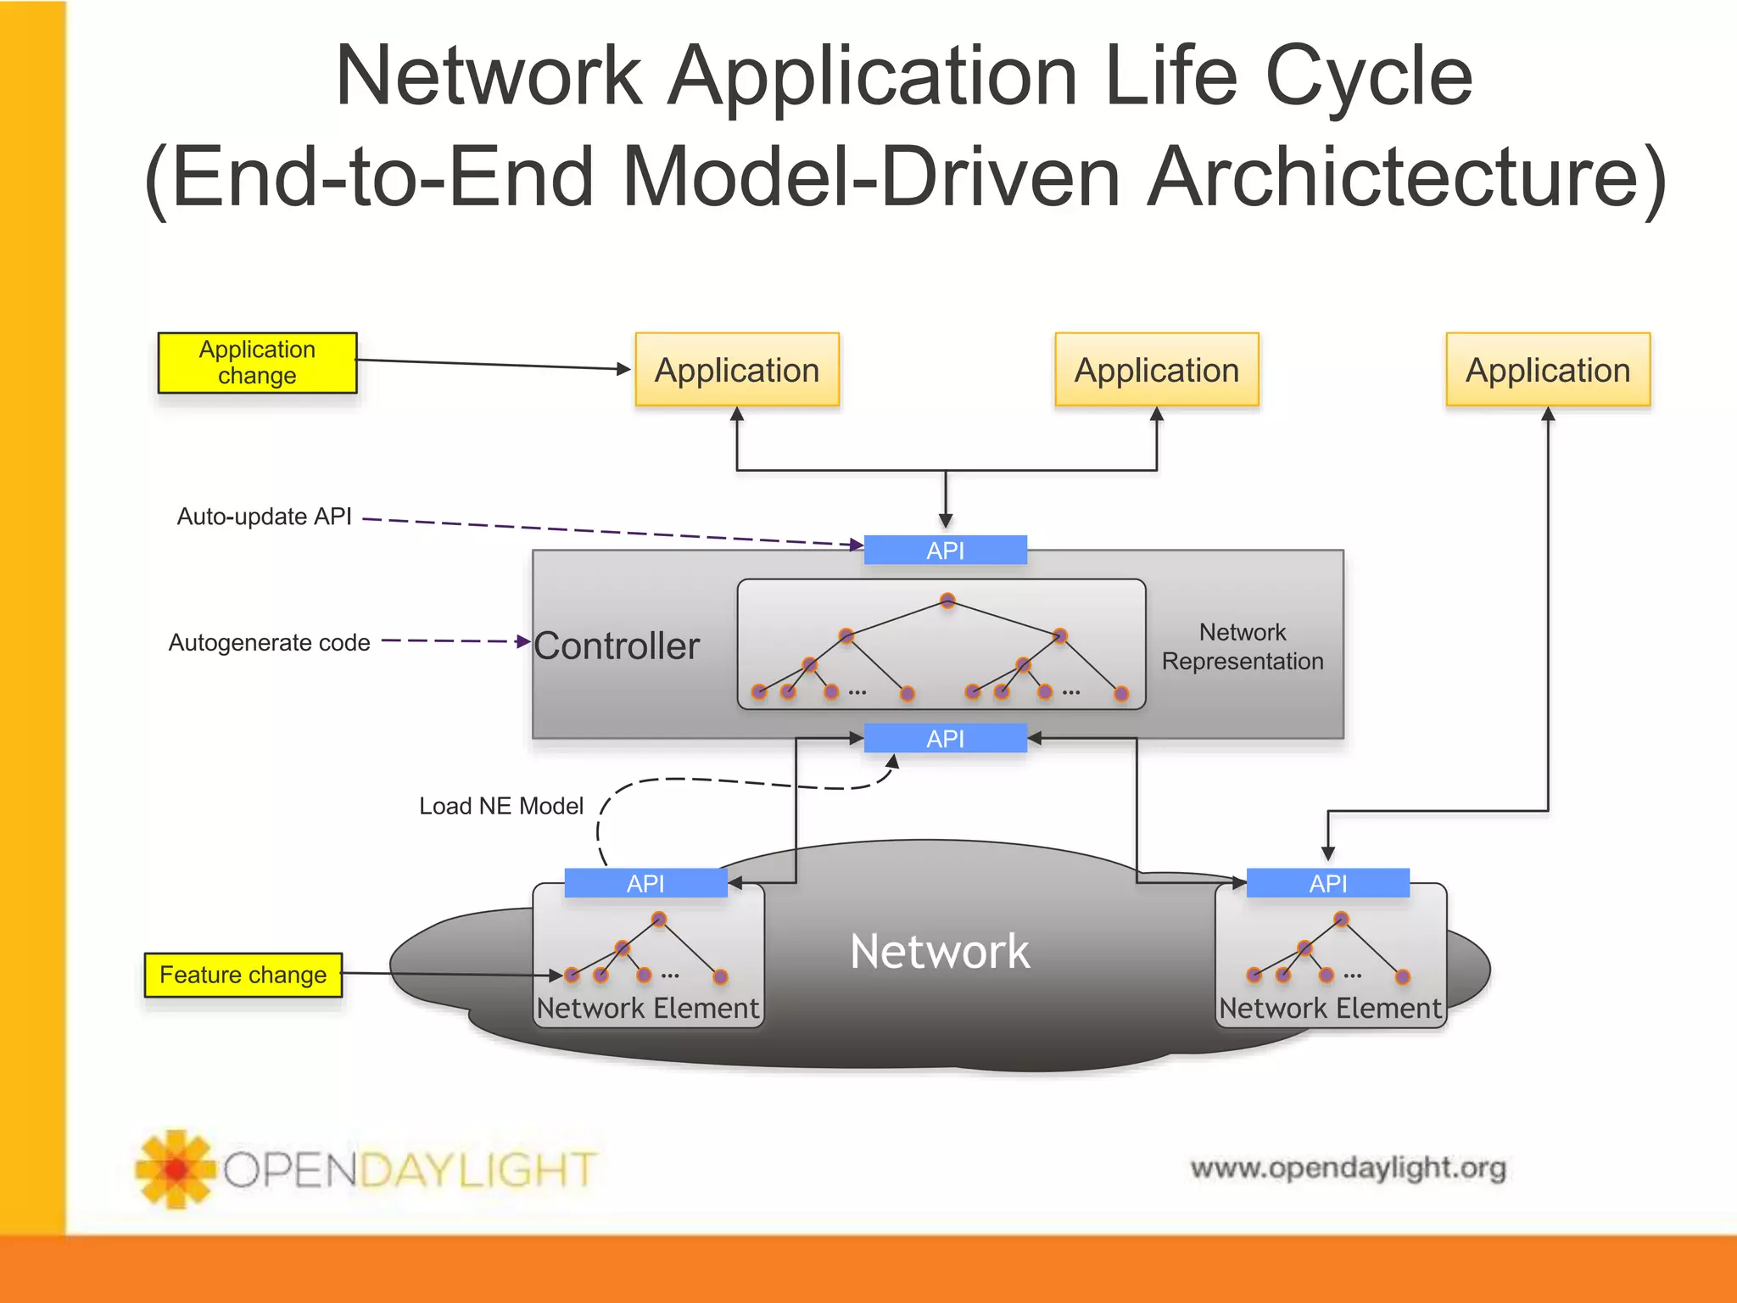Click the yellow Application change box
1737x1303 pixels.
[x=257, y=362]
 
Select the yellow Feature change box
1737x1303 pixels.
[x=243, y=975]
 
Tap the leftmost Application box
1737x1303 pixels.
[x=736, y=370]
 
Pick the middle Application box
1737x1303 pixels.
[x=1156, y=370]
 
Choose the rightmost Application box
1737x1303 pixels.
[x=1548, y=370]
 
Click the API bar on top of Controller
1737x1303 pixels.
[x=945, y=551]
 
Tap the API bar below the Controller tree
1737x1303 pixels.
[x=945, y=739]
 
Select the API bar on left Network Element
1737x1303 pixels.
[x=645, y=883]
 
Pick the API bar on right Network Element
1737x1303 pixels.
[x=1327, y=883]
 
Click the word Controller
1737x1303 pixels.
[x=617, y=646]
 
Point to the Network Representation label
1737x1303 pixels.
[x=1243, y=646]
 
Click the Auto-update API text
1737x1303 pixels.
[x=264, y=517]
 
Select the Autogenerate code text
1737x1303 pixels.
[x=269, y=643]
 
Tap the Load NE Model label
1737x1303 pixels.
[x=501, y=806]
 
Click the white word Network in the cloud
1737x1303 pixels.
[x=939, y=952]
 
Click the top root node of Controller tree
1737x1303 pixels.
[x=947, y=601]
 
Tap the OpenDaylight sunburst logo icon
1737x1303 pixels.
[x=176, y=1169]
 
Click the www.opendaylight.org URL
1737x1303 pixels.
[x=1348, y=1168]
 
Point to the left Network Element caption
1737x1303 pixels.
[x=648, y=1008]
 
